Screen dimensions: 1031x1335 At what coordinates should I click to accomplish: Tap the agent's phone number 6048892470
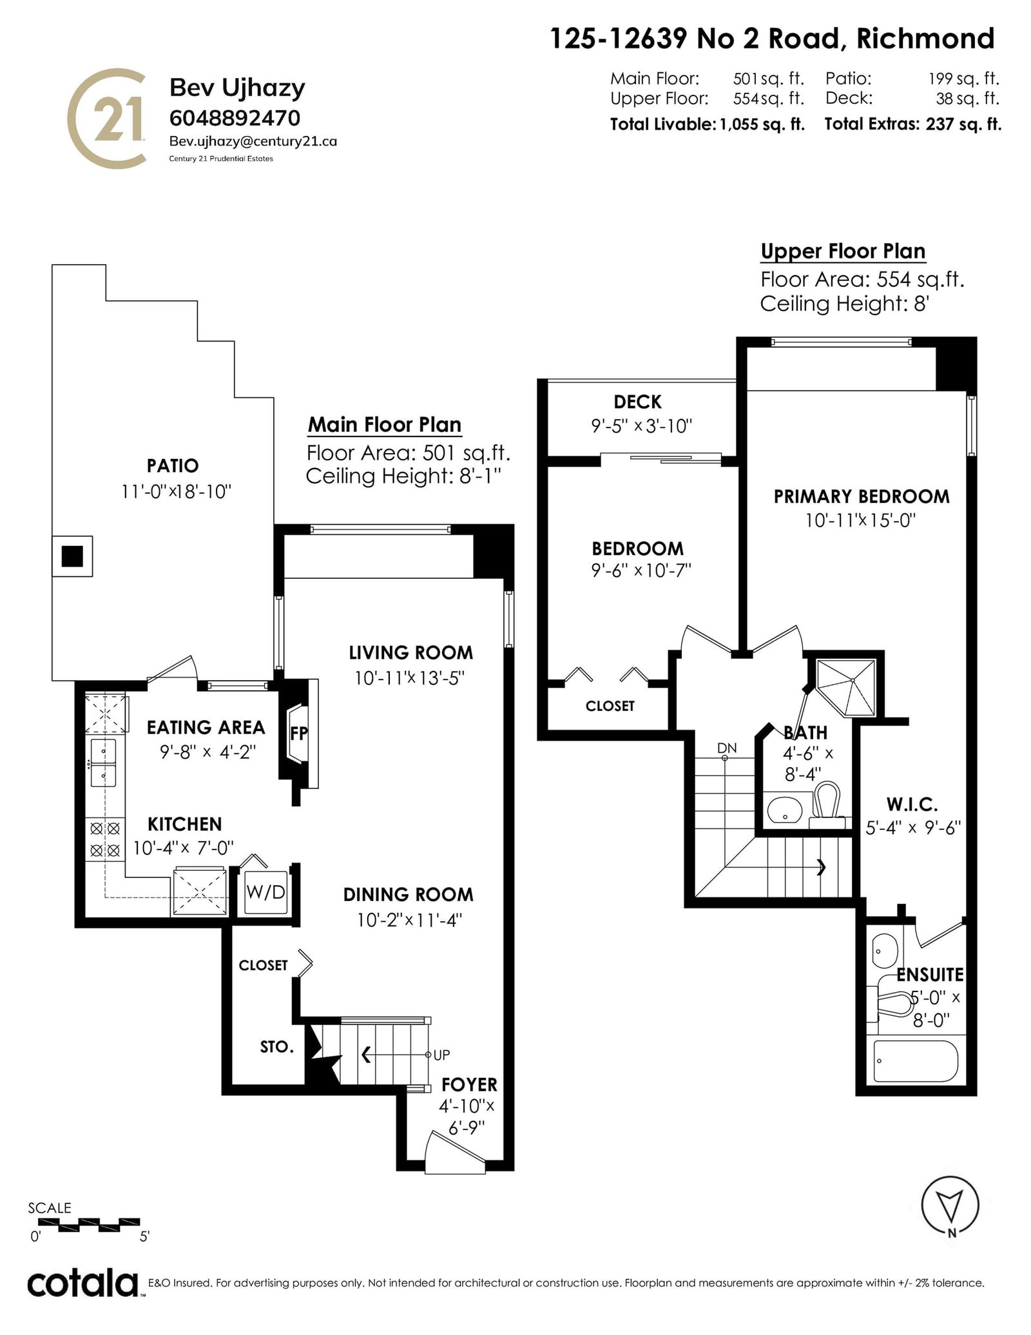click(x=235, y=118)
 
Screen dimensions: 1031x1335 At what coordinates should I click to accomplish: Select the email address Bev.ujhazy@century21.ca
click(x=253, y=141)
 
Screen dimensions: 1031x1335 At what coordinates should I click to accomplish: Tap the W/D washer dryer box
click(x=265, y=892)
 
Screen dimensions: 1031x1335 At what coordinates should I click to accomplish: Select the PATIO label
click(x=173, y=465)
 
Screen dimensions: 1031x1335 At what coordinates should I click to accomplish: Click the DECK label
click(x=637, y=402)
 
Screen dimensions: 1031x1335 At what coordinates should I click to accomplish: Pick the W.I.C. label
click(x=912, y=804)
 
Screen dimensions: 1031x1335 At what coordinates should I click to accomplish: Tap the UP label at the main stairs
click(x=442, y=1055)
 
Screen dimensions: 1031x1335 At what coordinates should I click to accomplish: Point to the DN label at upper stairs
click(x=727, y=748)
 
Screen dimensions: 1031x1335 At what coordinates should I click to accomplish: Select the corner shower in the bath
click(x=846, y=686)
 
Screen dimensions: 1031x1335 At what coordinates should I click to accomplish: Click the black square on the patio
click(x=72, y=556)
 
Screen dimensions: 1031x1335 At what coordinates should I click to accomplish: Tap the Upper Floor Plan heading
click(x=843, y=251)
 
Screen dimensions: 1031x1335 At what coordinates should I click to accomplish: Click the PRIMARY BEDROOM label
click(x=862, y=496)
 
